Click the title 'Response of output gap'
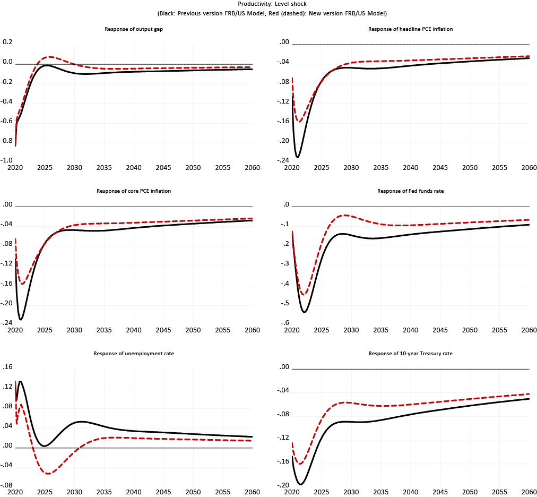[x=134, y=29]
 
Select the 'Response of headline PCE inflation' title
[x=410, y=29]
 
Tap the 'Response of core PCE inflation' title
[x=134, y=191]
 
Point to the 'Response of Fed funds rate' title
[x=410, y=191]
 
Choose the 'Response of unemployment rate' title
[x=134, y=353]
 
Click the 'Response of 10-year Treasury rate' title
[x=410, y=353]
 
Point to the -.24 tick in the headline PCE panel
[x=284, y=160]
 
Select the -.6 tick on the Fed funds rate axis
[x=285, y=323]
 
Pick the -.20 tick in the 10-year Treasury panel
[x=284, y=485]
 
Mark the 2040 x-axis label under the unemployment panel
[x=134, y=492]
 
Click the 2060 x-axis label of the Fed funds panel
[x=529, y=330]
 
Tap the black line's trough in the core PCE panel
[x=21, y=319]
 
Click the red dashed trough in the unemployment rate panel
[x=47, y=473]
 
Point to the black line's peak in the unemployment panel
[x=20, y=381]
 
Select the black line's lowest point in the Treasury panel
[x=301, y=484]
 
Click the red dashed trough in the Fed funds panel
[x=304, y=294]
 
